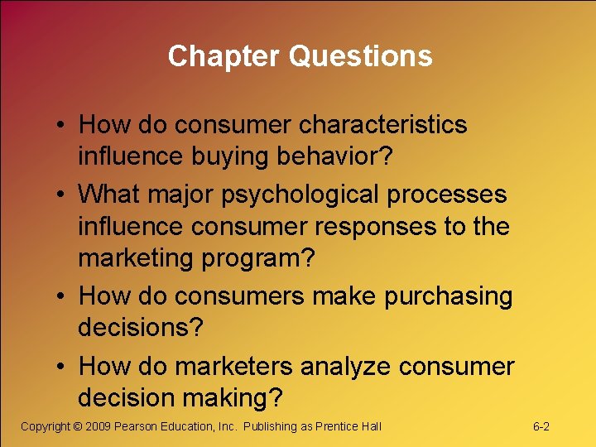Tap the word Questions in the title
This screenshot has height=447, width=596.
click(360, 56)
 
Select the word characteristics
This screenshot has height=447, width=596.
click(383, 125)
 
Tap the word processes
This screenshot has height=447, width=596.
click(454, 195)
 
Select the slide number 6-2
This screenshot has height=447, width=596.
click(541, 427)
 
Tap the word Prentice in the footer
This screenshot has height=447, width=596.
click(338, 427)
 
